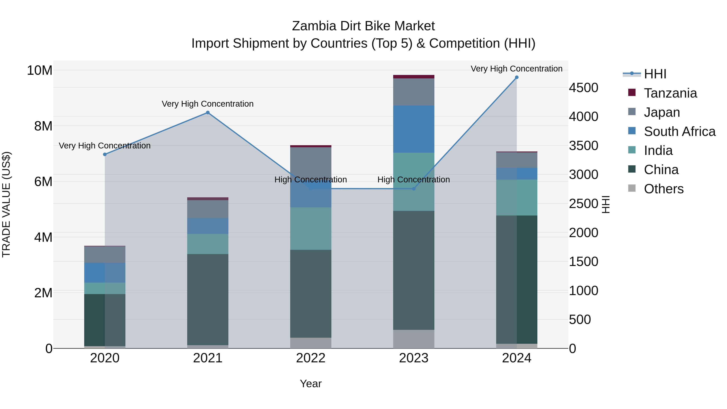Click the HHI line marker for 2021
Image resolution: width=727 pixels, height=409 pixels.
coord(208,113)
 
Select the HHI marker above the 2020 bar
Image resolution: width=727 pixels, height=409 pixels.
coord(105,154)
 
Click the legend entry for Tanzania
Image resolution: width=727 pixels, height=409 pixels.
coord(670,93)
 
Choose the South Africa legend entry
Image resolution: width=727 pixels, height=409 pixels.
coord(679,131)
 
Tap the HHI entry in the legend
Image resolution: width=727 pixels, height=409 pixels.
coord(655,74)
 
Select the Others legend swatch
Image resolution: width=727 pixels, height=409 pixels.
coord(632,188)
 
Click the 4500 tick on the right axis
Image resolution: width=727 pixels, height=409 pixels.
coord(583,88)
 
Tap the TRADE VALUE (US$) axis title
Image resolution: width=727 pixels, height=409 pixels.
coord(6,204)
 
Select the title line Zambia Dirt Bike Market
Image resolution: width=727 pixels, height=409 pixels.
coord(363,26)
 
